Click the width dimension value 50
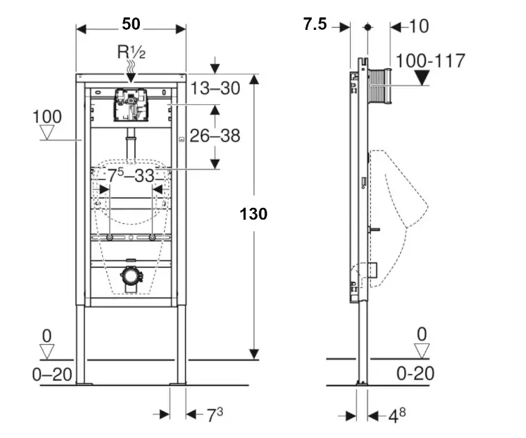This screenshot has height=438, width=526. coord(131,24)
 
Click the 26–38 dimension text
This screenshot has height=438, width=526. coord(216,136)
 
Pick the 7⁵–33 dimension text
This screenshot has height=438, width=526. coord(131,177)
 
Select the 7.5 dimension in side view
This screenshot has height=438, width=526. coord(314,25)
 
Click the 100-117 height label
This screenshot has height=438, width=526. coord(430,60)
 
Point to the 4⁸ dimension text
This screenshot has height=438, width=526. coord(397,416)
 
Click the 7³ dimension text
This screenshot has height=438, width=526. coord(214,416)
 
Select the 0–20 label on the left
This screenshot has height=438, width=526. coord(52,375)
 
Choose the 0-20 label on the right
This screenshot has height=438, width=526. coord(415,373)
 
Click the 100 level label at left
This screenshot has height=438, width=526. coord(47,117)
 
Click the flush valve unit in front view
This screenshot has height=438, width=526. coord(130,104)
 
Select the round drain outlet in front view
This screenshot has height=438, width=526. coord(130,275)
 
